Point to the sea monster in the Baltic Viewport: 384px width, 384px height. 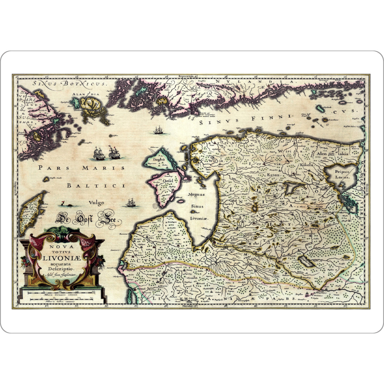coord(64,204)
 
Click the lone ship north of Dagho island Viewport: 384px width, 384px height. coord(158,130)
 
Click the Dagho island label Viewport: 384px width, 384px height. coord(159,159)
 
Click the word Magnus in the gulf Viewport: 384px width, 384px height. coord(196,194)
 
